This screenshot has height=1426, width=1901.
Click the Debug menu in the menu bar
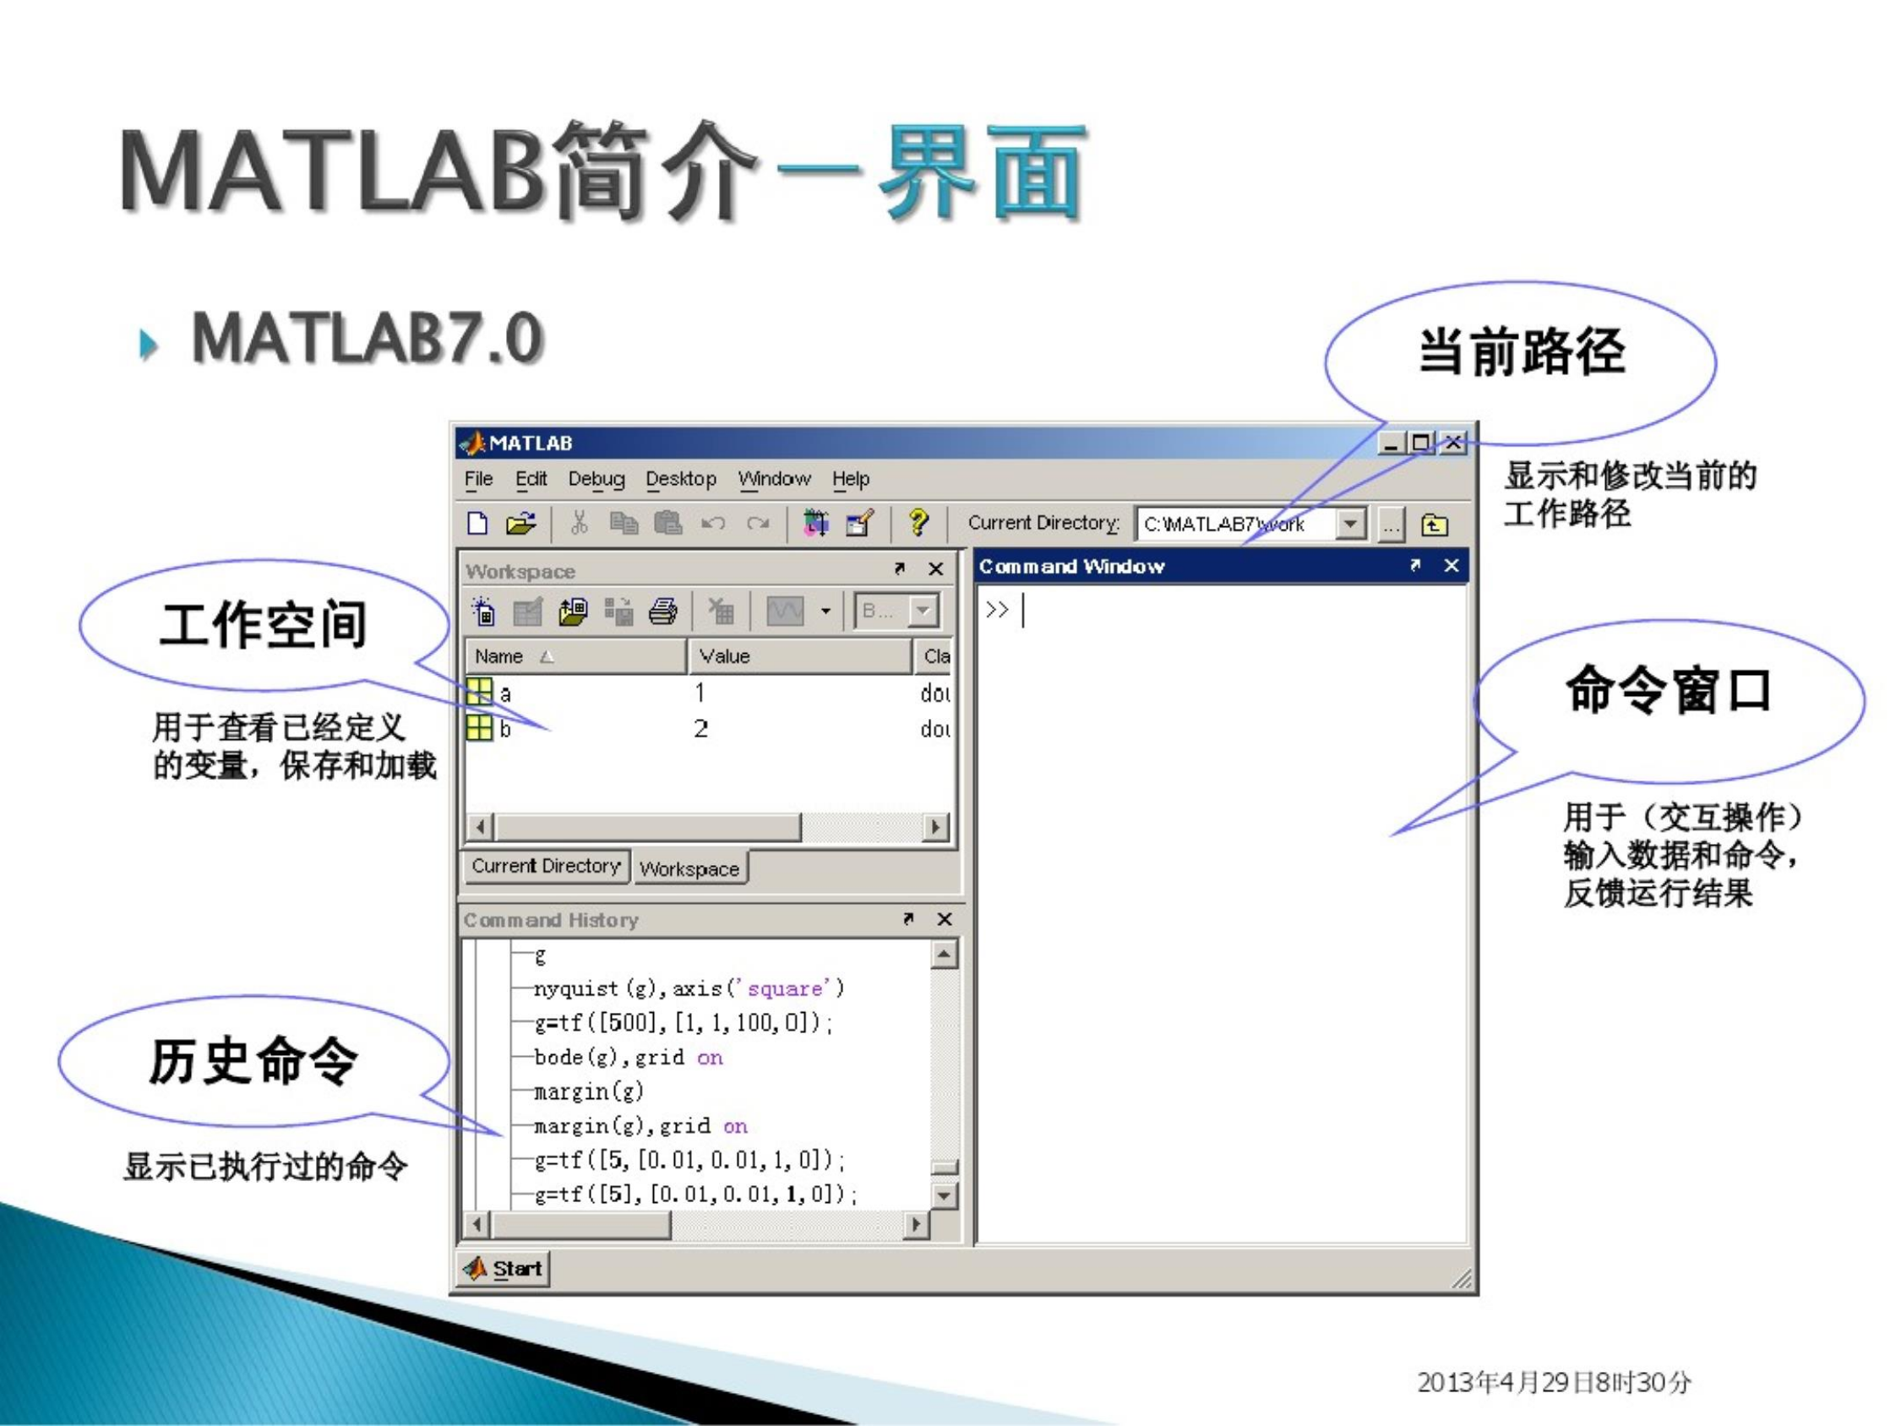(x=596, y=479)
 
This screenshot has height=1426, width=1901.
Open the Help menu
(x=851, y=479)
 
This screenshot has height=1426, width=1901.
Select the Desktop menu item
(x=681, y=479)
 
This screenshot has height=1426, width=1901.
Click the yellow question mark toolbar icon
(x=918, y=523)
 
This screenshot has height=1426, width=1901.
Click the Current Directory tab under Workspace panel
(x=546, y=867)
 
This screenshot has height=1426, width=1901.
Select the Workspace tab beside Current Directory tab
(x=689, y=869)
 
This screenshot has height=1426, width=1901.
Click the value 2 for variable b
(x=701, y=729)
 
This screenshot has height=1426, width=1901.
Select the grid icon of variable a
(x=480, y=691)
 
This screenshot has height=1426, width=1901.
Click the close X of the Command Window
(x=1452, y=566)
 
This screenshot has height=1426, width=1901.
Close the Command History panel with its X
(x=945, y=919)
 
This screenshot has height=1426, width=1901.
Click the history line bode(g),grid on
(x=629, y=1058)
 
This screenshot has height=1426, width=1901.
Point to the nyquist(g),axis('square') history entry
(x=689, y=988)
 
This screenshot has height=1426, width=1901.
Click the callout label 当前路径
(x=1521, y=352)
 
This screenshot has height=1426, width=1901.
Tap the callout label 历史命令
(x=253, y=1061)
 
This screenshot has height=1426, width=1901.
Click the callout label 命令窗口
(x=1668, y=690)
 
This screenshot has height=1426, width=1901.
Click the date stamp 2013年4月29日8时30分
(x=1554, y=1382)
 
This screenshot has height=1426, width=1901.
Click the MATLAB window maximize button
(x=1421, y=443)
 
